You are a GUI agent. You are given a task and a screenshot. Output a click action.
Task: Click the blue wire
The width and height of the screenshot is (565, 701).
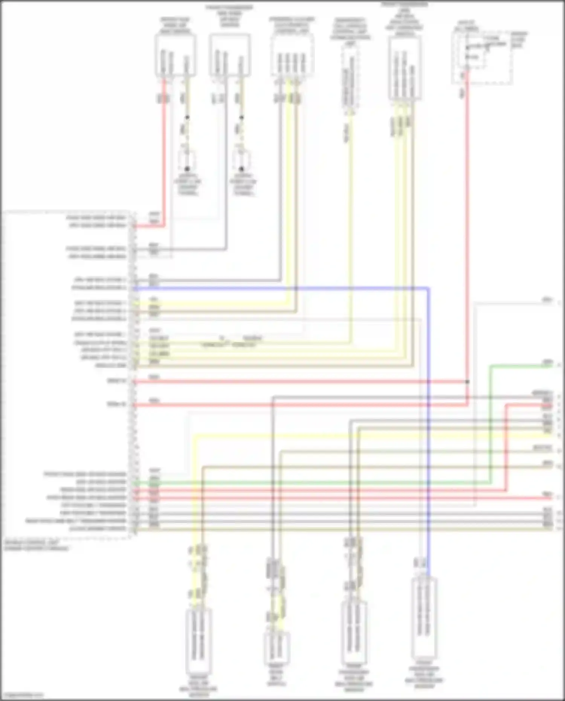[x=429, y=414]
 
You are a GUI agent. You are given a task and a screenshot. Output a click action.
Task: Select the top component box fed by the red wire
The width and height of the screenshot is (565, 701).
[x=175, y=55]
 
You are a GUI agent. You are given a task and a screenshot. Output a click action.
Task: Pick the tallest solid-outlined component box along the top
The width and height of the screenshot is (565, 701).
[x=405, y=68]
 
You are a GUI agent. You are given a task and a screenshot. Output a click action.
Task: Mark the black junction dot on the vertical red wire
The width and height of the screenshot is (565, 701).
[x=467, y=382]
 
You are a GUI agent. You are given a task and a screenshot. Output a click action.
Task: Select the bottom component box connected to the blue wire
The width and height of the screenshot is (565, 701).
[x=424, y=618]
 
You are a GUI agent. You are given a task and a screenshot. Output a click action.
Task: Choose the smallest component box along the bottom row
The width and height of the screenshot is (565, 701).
[x=277, y=648]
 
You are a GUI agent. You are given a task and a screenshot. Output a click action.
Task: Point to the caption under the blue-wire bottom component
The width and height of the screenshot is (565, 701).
[x=424, y=676]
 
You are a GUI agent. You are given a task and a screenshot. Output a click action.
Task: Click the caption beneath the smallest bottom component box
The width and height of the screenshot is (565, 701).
[x=277, y=678]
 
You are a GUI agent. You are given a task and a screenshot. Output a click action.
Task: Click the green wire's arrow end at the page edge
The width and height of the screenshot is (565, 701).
[x=559, y=365]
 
